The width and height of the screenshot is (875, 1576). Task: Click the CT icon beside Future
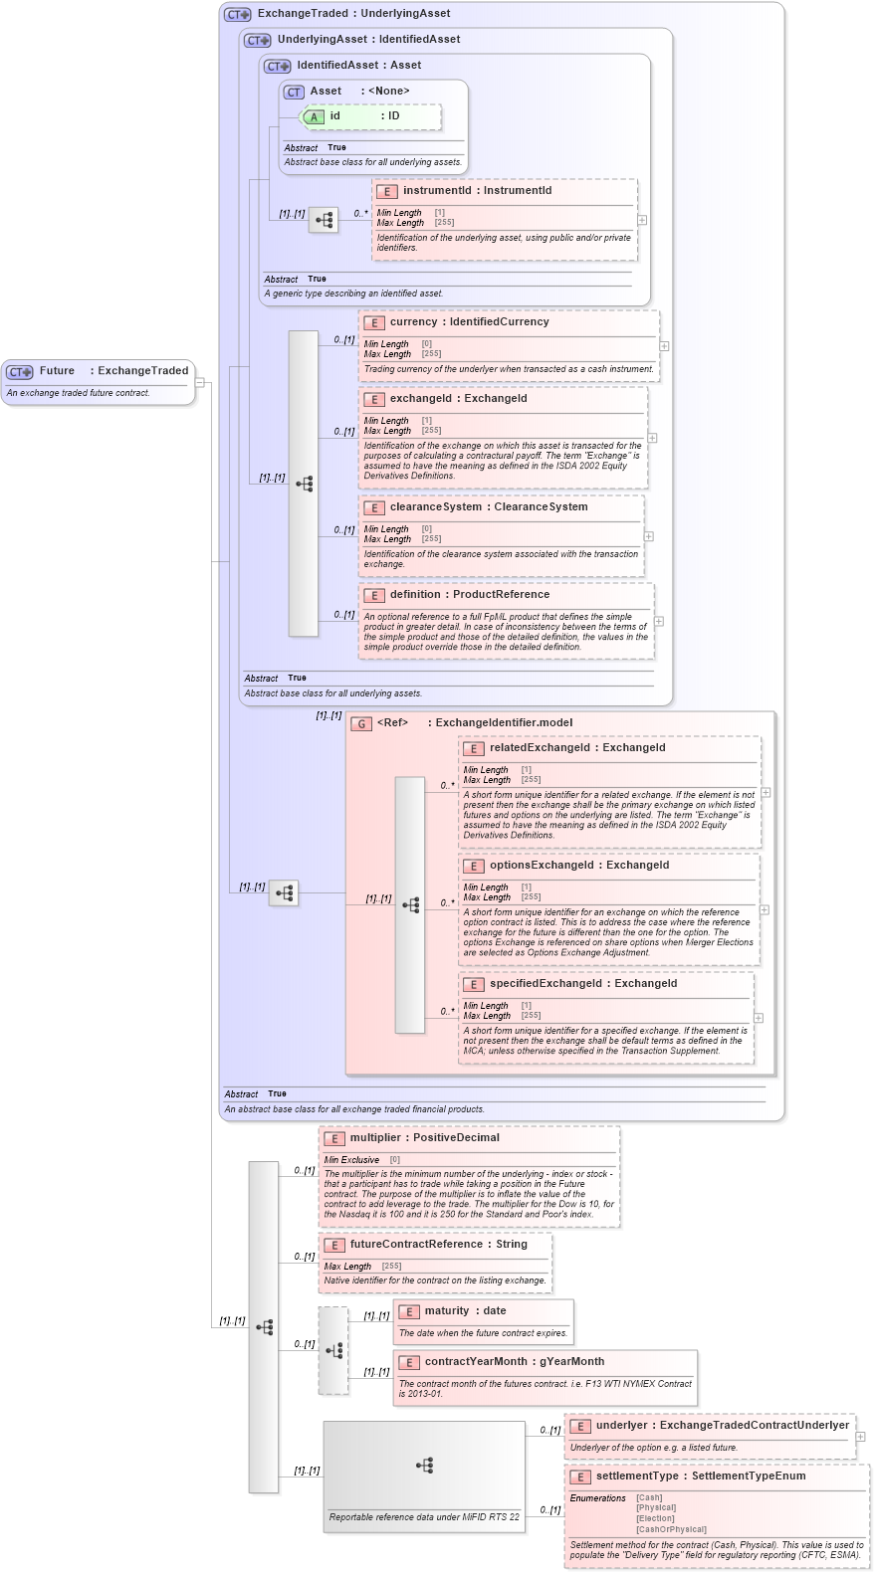click(x=19, y=372)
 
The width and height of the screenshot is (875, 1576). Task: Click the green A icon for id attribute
click(x=314, y=117)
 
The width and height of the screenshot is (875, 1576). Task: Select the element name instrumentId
click(x=436, y=191)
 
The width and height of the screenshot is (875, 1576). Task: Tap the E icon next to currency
click(x=374, y=323)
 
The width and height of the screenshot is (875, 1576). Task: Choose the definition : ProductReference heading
click(x=469, y=595)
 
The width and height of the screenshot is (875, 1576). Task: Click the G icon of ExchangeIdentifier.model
click(x=361, y=724)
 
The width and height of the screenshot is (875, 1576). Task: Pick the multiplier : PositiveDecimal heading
click(x=424, y=1138)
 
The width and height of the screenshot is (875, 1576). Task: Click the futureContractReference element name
click(x=415, y=1245)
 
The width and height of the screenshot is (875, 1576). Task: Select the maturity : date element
click(x=465, y=1311)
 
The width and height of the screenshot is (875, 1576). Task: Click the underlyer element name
click(x=622, y=1426)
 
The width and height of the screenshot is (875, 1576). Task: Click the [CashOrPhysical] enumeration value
click(x=671, y=1530)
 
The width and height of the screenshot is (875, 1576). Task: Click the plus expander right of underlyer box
click(x=861, y=1437)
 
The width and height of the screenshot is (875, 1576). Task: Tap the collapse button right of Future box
click(x=200, y=382)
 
